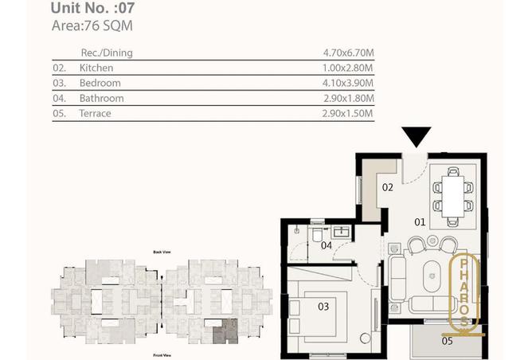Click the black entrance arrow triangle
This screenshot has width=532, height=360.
click(416, 136)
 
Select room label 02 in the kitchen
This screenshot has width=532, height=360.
click(388, 188)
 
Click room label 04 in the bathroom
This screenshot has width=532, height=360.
click(326, 245)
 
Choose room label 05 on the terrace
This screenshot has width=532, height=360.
click(447, 342)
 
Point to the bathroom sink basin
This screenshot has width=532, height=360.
click(343, 232)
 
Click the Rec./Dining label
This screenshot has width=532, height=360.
click(107, 53)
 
